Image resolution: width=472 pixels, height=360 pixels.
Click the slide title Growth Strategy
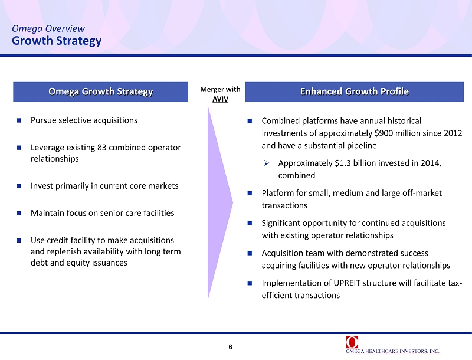click(57, 41)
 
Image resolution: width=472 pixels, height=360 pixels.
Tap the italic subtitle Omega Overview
click(48, 28)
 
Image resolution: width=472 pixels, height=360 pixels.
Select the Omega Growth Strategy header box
click(100, 91)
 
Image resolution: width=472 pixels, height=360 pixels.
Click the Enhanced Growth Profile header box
click(355, 91)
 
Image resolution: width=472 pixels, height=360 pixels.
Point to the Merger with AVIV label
click(220, 94)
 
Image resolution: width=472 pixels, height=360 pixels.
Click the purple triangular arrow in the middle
click(220, 202)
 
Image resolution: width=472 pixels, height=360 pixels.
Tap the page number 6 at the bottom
click(230, 347)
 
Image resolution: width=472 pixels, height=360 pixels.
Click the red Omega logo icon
click(352, 342)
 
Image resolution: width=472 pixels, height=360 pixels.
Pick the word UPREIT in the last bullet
click(347, 283)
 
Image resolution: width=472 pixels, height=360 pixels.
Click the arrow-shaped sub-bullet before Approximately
click(267, 163)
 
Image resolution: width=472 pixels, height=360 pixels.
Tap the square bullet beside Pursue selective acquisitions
click(19, 120)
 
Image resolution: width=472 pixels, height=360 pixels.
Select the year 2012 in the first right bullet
click(453, 133)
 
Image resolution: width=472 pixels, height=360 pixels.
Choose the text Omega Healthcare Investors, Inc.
click(393, 351)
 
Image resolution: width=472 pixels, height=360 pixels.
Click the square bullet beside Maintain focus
click(19, 213)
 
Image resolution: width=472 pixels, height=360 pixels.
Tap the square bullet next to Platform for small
click(250, 193)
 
